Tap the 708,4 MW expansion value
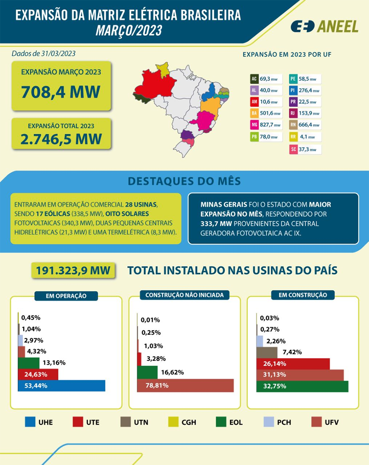pos(61,92)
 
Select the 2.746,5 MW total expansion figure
pos(61,139)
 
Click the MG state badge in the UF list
pos(254,125)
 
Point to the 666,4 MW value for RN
pos(309,125)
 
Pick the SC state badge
pos(293,149)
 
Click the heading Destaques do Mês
pos(184,181)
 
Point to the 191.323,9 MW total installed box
pos(73,271)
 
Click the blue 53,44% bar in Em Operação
pos(62,386)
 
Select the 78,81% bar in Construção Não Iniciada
pos(185,386)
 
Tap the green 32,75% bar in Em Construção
pos(302,386)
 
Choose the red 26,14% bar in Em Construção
pos(293,364)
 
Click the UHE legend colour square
pos(30,422)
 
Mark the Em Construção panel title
pos(303,295)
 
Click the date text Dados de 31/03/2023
pos(44,54)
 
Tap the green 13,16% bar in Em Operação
pos(28,363)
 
